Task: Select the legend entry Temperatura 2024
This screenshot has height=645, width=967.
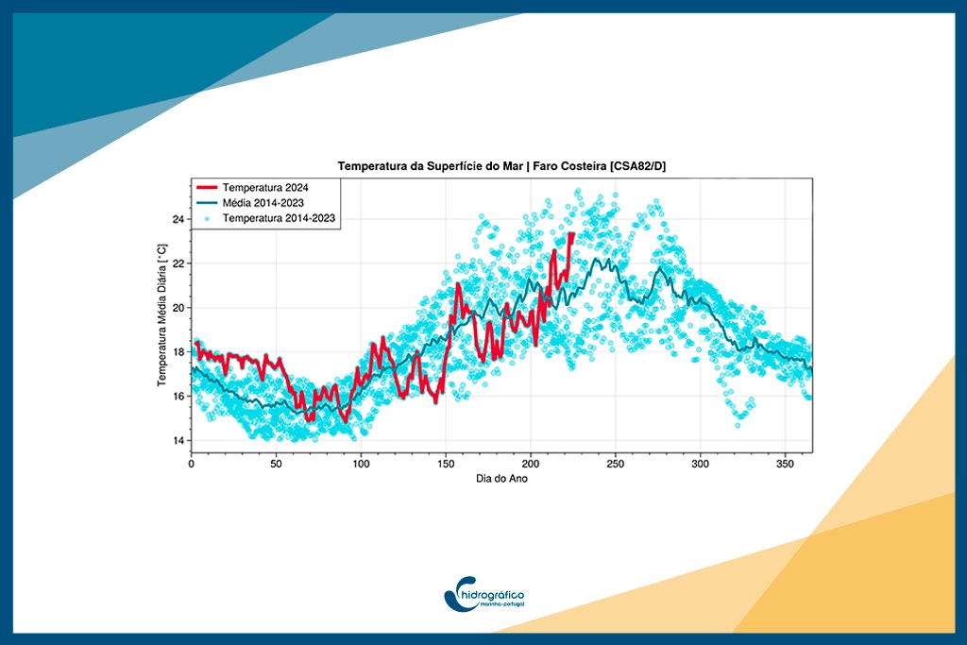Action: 265,187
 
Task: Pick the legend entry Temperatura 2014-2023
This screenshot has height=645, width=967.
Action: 280,217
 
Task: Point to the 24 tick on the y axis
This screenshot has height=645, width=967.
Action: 178,219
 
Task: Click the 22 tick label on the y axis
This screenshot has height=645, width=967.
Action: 178,263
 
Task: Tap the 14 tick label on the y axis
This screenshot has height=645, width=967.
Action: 178,440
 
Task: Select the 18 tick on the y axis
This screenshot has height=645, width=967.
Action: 178,352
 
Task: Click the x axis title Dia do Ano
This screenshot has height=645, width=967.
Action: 501,479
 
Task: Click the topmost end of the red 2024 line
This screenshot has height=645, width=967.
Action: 571,233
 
